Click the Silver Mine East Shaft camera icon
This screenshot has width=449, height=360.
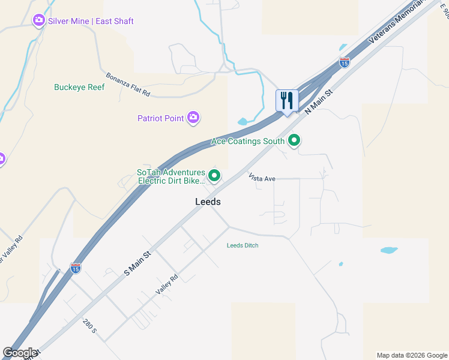[x=39, y=21]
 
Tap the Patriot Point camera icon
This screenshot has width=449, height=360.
[x=193, y=118]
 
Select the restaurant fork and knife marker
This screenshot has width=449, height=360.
[x=286, y=100]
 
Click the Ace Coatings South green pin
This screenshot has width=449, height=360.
[x=294, y=141]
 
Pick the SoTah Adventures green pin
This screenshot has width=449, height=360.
[x=214, y=176]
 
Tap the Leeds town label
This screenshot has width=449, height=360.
[x=208, y=202]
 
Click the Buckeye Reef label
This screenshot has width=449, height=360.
[x=79, y=88]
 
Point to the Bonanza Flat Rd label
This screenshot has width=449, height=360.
[x=127, y=85]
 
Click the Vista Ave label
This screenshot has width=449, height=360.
[x=262, y=178]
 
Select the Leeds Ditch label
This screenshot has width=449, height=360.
[x=243, y=245]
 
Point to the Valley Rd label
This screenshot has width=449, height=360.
[x=167, y=284]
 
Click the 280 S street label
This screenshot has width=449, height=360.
[x=89, y=326]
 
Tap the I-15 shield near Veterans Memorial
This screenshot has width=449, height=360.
[x=344, y=62]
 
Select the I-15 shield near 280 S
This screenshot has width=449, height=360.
[x=76, y=268]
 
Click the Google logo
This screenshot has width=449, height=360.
[x=20, y=353]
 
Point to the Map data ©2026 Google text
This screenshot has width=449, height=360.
[x=412, y=355]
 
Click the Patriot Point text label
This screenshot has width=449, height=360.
[x=160, y=118]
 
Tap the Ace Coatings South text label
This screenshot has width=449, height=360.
[x=248, y=142]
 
